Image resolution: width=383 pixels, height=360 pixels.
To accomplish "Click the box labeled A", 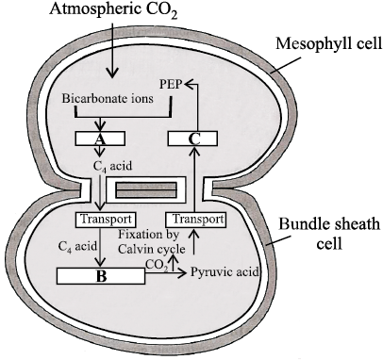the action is (100, 139).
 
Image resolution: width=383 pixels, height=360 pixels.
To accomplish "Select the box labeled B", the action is (101, 276).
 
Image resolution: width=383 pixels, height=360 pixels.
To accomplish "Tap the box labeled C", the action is (192, 139).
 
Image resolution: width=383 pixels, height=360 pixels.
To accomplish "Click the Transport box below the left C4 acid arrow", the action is (106, 220).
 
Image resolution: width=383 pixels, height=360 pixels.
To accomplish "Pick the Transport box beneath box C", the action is (195, 220).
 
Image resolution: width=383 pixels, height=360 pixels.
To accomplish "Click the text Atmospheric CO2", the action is (113, 9).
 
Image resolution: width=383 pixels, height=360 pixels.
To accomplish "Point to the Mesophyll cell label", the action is (329, 43).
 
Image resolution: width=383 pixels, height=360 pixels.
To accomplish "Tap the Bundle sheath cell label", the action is (329, 233).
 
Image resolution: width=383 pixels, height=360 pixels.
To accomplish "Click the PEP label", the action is (171, 84).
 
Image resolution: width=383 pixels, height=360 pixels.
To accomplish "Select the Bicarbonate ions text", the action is (108, 99).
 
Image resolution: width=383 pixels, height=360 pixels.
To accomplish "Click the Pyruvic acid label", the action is (225, 271).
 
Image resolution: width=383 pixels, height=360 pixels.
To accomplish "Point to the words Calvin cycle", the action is (151, 249).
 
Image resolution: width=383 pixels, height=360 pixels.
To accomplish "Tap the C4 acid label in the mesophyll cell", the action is (112, 166).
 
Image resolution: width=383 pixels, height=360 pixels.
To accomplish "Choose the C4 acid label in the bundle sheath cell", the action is (77, 246).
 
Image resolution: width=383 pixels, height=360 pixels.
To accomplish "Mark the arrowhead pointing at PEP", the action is (189, 84).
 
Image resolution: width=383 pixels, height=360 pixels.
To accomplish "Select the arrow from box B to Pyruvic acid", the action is (166, 273).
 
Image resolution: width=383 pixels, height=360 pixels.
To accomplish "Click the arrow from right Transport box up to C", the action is (195, 179).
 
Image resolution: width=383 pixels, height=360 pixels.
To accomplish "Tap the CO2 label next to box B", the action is (157, 265).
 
